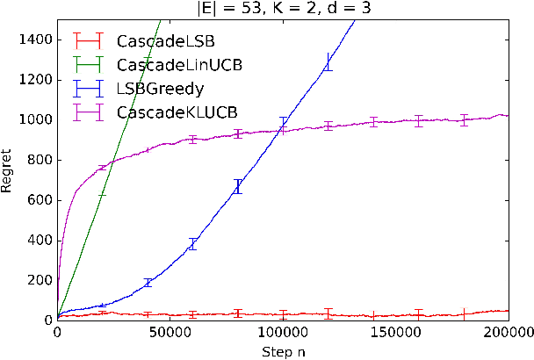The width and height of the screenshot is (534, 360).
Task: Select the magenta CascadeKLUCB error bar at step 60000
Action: (193, 139)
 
